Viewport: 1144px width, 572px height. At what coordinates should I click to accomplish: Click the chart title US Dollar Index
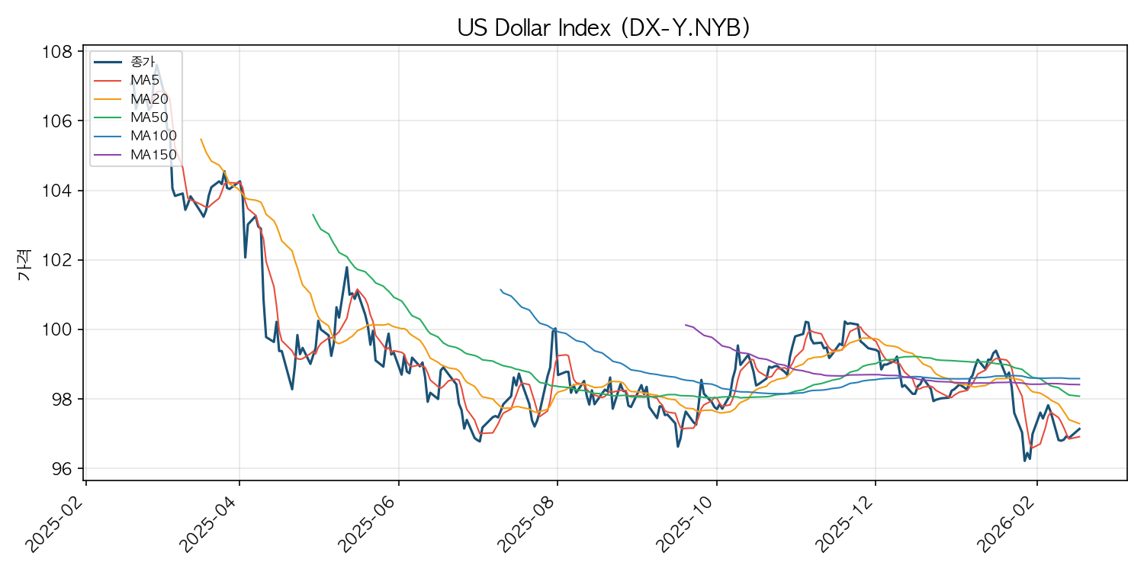coord(603,27)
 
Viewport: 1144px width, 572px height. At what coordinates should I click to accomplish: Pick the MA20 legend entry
coord(149,98)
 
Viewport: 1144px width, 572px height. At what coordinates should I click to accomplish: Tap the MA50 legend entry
coord(149,117)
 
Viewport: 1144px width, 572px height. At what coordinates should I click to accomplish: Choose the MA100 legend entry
coord(153,136)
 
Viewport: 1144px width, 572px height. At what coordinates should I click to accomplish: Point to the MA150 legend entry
coord(153,154)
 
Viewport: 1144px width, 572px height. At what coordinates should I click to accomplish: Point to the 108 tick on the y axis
coord(63,52)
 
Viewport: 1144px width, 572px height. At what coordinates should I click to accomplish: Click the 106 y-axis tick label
coord(63,121)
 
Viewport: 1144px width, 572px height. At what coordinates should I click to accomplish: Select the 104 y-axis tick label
coord(63,191)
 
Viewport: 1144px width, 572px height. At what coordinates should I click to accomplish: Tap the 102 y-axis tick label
coord(63,260)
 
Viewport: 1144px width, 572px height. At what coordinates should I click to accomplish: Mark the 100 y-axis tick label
coord(63,329)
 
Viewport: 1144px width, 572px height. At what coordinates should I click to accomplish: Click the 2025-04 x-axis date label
coord(210,525)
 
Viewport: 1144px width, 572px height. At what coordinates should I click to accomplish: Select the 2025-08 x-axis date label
coord(528,525)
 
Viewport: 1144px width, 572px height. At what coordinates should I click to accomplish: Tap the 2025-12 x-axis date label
coord(846,525)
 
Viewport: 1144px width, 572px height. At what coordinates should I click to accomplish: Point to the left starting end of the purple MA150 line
coord(685,324)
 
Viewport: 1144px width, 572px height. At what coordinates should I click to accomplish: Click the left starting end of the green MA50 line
coord(313,214)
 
